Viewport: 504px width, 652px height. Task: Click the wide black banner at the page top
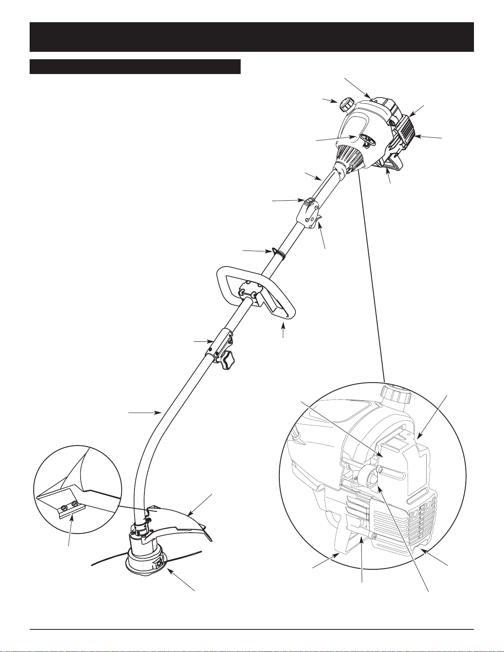pyautogui.click(x=251, y=37)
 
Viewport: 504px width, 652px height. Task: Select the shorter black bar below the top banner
pyautogui.click(x=135, y=67)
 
